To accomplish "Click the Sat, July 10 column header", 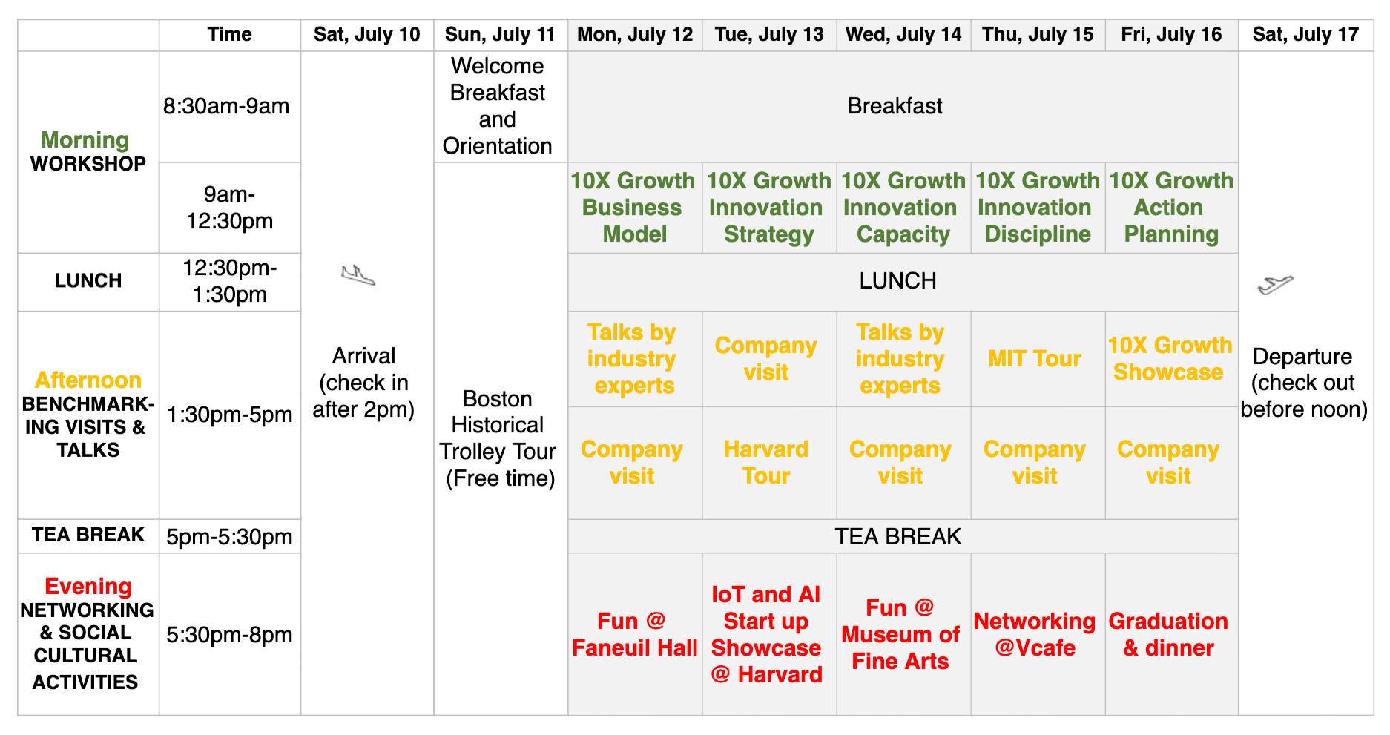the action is click(366, 35).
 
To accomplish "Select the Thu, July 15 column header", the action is click(1038, 35).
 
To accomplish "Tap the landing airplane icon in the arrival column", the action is click(358, 275).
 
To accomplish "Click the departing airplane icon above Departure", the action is click(1275, 284).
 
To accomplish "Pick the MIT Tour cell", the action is click(1038, 359).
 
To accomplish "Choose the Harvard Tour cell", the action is click(769, 463).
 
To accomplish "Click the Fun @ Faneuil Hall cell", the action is click(635, 634).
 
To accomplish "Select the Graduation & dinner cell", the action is click(1171, 634).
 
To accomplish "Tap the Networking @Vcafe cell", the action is click(1038, 634).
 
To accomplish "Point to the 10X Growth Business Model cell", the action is click(635, 208).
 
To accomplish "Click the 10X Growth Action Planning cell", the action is click(1171, 208).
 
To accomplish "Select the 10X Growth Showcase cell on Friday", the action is click(1171, 359).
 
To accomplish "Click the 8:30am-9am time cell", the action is click(229, 107).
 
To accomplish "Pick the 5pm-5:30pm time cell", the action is click(229, 536).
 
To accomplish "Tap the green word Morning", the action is click(85, 140).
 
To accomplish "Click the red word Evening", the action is click(88, 587).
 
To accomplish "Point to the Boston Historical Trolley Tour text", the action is click(498, 438).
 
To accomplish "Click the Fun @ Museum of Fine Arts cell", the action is click(903, 634).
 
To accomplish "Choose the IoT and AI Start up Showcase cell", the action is click(769, 634).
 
